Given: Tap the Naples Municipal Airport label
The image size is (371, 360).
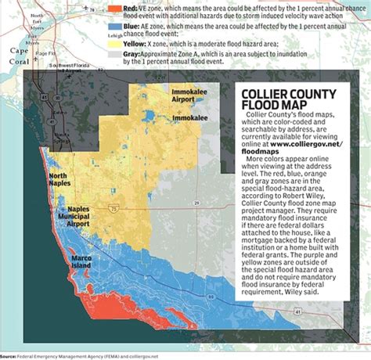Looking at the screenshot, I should pos(69,216).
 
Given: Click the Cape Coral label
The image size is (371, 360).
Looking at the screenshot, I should pos(13,49).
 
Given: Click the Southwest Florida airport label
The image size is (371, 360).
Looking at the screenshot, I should pos(68,68).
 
